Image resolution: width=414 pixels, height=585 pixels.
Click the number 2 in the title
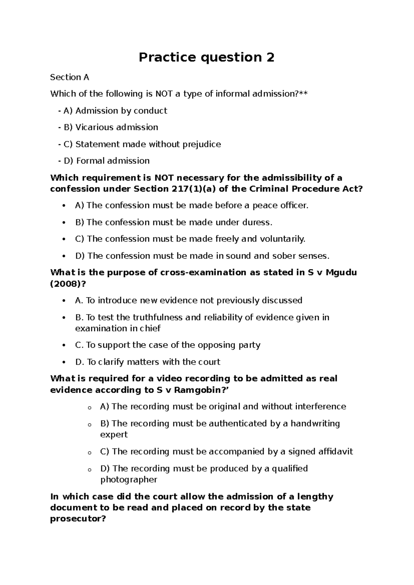tap(270, 57)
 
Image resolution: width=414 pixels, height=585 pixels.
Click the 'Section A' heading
tap(69, 77)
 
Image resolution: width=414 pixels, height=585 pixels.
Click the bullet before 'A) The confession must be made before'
tap(63, 206)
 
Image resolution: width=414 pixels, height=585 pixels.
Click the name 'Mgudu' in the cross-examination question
tap(341, 272)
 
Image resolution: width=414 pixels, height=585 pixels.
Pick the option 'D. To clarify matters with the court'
tap(147, 362)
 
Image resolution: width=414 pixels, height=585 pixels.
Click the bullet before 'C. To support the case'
tap(63, 345)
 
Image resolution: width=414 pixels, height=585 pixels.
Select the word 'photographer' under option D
tap(128, 479)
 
